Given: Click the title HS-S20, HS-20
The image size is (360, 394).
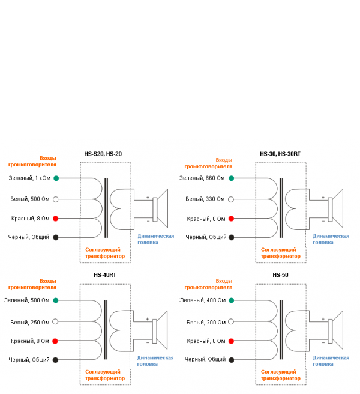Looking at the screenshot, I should [x=103, y=154].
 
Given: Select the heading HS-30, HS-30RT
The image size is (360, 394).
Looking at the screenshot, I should [x=280, y=154].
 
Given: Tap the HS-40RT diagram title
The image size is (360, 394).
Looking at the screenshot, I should [x=104, y=276].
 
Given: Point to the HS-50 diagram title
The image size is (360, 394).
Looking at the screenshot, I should [x=280, y=276].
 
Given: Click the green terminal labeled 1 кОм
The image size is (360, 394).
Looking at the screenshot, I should [x=56, y=178].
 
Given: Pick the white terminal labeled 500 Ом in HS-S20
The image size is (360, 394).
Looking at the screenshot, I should [x=56, y=199].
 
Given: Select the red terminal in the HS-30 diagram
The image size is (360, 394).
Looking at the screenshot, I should [x=232, y=219].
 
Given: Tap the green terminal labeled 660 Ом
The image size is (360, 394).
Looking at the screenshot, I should [x=232, y=178].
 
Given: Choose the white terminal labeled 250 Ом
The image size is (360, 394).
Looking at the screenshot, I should [x=55, y=321].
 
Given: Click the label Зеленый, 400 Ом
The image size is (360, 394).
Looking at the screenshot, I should [x=203, y=300].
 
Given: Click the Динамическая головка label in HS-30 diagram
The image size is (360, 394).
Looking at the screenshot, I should [x=331, y=239].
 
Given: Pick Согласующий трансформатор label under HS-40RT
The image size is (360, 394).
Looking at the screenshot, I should [x=105, y=375].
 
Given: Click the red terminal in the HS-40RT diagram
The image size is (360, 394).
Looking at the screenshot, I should [x=55, y=341].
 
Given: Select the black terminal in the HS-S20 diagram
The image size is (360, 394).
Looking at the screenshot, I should [x=56, y=238].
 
